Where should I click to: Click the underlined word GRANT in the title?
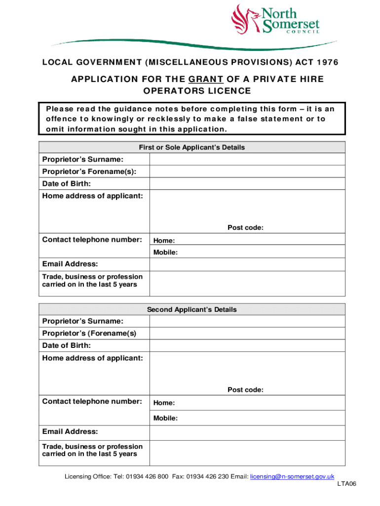point(203,80)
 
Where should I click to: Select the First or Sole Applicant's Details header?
point(191,147)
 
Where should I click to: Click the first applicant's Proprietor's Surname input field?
point(247,159)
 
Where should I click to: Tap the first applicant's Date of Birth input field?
point(247,183)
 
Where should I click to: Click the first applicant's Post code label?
point(245,228)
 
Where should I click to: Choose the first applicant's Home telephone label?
point(163,241)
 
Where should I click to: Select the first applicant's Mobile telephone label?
point(165,253)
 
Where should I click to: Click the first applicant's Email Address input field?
point(247,264)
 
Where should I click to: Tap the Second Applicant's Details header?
point(191,309)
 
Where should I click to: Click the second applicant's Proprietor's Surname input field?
point(247,322)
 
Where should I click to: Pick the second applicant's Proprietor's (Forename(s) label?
point(89,334)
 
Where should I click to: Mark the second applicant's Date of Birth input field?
point(247,345)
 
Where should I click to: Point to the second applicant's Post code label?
point(245,390)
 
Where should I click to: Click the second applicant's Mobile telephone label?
point(165,418)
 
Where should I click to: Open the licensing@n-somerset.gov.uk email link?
point(292,476)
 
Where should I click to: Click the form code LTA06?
point(346,484)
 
